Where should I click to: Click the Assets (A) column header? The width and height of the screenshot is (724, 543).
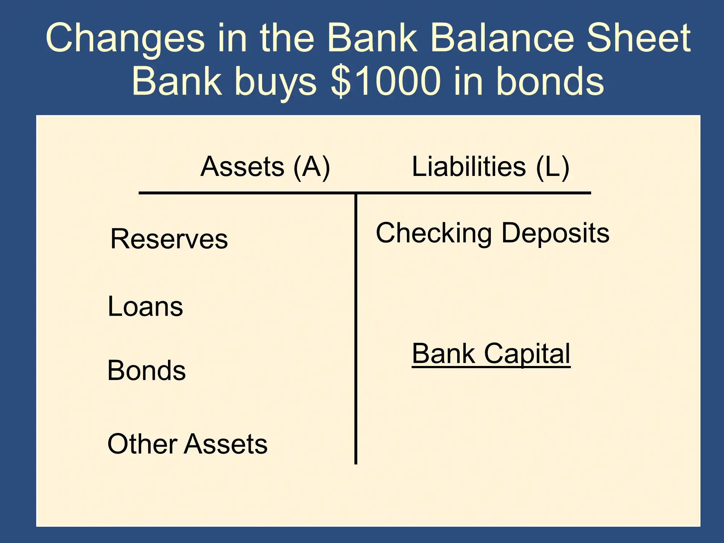265,167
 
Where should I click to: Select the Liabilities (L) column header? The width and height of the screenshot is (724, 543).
491,167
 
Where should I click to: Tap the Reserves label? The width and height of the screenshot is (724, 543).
169,239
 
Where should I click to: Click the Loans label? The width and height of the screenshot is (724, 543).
146,306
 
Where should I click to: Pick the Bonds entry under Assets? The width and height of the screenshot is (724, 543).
147,370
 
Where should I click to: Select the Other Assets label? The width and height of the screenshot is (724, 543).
188,443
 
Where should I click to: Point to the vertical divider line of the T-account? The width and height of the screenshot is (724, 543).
356,329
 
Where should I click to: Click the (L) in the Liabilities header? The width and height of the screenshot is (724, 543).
553,167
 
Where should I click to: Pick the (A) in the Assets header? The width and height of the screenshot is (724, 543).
312,167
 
